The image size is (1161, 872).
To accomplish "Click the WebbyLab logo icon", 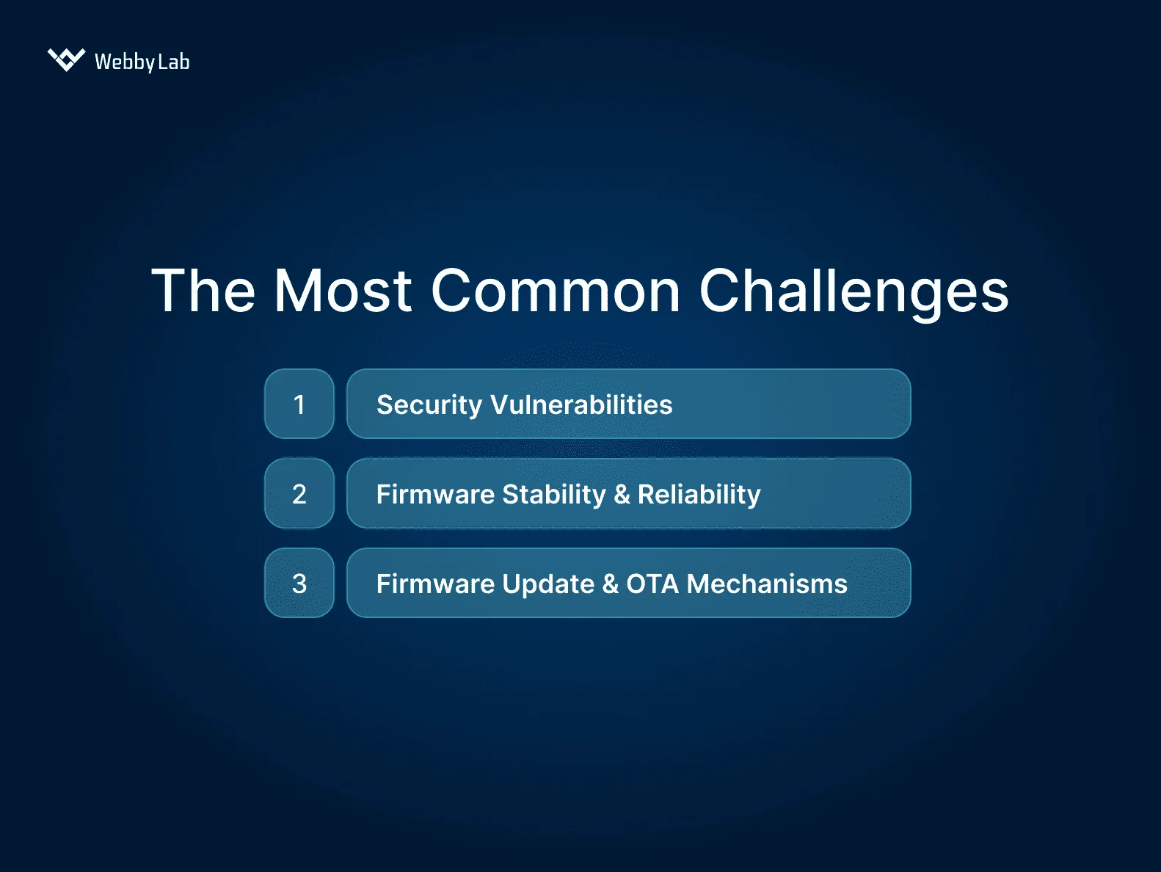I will click(x=66, y=59).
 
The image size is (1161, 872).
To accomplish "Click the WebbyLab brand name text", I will click(x=142, y=62).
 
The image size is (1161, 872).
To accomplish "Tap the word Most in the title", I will click(x=343, y=291).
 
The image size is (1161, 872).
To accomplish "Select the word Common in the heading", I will click(x=556, y=291).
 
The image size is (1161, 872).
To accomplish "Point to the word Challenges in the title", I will click(x=854, y=292).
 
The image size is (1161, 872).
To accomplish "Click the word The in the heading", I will click(x=203, y=291).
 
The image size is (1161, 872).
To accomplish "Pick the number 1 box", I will click(x=299, y=404).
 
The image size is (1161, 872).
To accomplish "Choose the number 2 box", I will click(x=299, y=494).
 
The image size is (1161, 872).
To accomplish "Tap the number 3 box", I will click(x=299, y=584).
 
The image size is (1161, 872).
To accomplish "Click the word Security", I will click(x=429, y=405).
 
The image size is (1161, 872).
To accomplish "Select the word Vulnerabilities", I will click(x=581, y=405).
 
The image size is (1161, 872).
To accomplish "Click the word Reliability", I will click(x=699, y=495).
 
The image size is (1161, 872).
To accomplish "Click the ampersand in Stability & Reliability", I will click(x=622, y=495).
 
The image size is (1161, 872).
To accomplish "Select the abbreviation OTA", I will click(x=652, y=584).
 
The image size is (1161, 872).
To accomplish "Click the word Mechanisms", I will click(x=767, y=584).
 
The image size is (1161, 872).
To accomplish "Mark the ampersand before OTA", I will click(x=610, y=584).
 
